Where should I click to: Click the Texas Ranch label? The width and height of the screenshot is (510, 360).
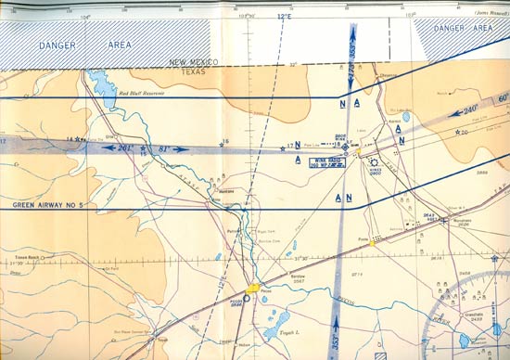pos(27,257)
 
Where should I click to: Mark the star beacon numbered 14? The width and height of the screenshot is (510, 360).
pos(78,140)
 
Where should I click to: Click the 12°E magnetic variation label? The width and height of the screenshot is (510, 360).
pos(283,17)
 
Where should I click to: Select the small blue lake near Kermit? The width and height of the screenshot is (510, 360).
pos(404,118)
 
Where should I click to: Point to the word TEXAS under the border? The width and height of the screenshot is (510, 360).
pos(192,71)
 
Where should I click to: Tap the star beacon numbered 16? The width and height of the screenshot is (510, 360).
pos(223,145)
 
